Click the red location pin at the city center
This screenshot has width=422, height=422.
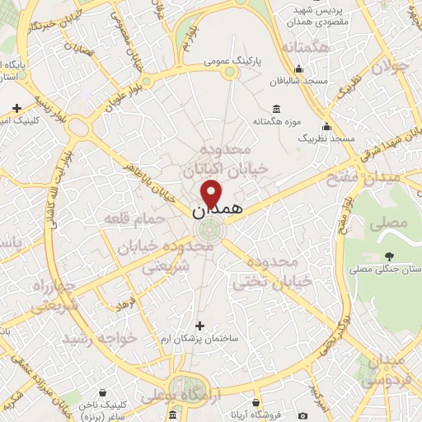[x=212, y=193]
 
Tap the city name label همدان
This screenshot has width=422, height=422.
[x=218, y=210]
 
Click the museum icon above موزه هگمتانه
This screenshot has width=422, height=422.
[x=275, y=109]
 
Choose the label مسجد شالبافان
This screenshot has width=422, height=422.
[x=299, y=82]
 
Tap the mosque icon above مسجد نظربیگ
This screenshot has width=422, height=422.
[x=328, y=127]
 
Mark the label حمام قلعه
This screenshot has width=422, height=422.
[x=126, y=218]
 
